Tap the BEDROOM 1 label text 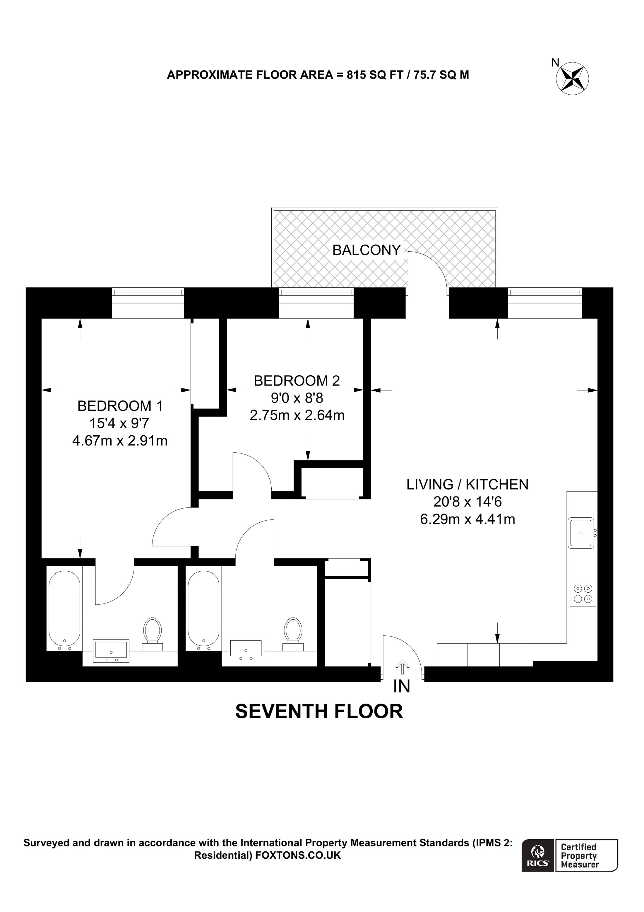(x=120, y=406)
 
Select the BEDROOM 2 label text (x=297, y=381)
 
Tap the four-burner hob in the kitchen (x=583, y=594)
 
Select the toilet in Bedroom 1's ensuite (x=153, y=632)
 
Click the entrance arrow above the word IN (x=403, y=667)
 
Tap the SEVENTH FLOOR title (x=319, y=711)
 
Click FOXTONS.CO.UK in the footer (x=298, y=855)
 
